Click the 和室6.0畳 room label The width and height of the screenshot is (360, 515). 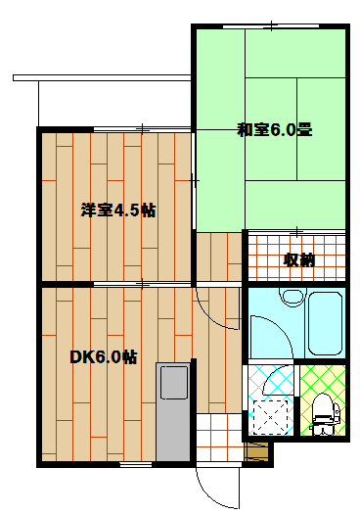273,128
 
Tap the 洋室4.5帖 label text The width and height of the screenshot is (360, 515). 118,211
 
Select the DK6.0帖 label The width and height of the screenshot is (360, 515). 102,356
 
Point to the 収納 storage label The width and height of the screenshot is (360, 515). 298,259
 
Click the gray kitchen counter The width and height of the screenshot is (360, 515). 173,416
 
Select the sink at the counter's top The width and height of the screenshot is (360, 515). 174,383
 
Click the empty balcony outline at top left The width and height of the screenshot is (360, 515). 98,98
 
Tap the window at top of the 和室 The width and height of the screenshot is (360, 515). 263,25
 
